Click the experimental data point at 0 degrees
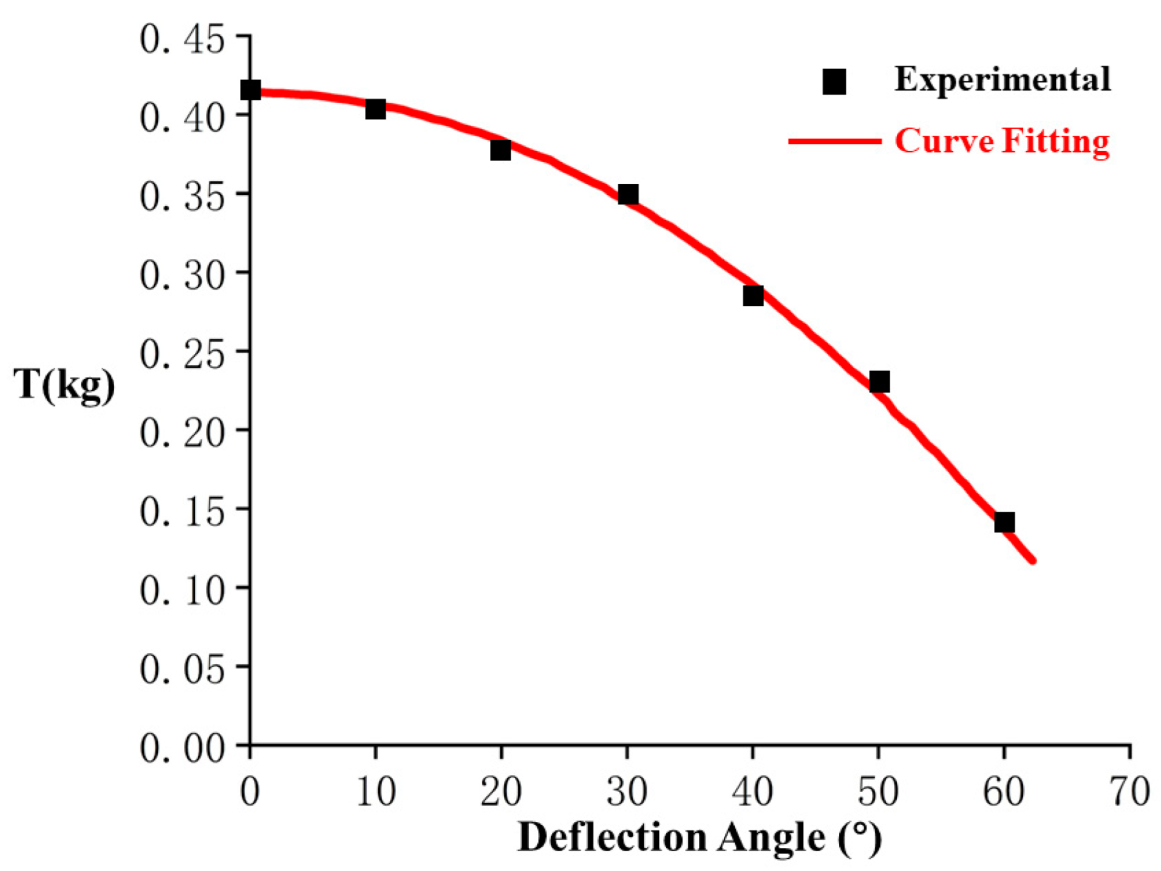[x=250, y=90]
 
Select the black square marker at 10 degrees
[x=375, y=109]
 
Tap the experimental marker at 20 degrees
[x=500, y=150]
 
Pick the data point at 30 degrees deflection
[x=627, y=194]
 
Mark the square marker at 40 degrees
[x=753, y=296]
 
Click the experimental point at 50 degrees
[x=879, y=382]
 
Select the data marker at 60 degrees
[x=1004, y=522]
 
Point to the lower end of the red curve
[x=1032, y=560]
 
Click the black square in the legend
[x=834, y=81]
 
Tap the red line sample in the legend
[x=834, y=141]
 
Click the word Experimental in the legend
[x=1002, y=80]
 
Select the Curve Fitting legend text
[x=1002, y=141]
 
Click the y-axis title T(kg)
[x=64, y=385]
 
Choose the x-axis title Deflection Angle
[x=700, y=838]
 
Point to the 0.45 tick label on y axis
[x=182, y=40]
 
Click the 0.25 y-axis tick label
[x=182, y=354]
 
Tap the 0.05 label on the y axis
[x=182, y=669]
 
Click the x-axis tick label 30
[x=627, y=791]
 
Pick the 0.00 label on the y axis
[x=182, y=748]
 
